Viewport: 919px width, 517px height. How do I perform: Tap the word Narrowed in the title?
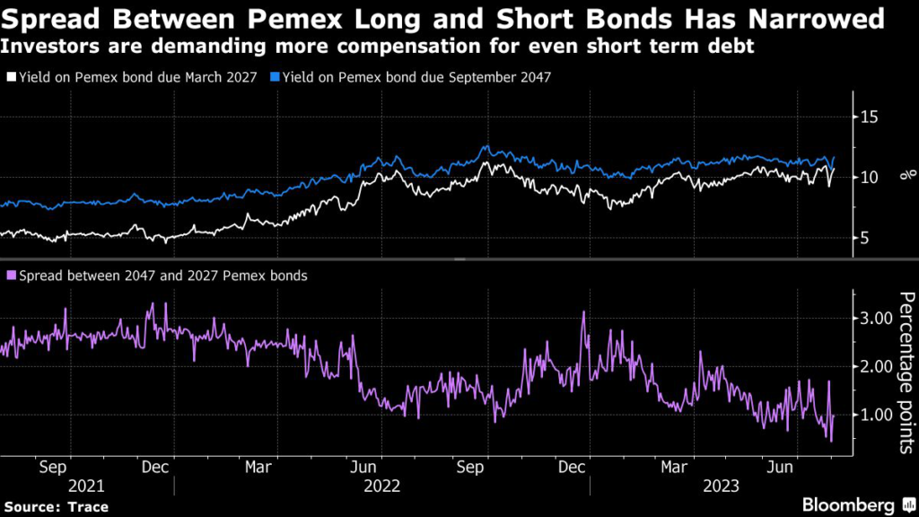805,18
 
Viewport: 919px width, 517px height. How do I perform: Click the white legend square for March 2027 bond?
11,78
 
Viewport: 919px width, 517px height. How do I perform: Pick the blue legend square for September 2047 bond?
275,78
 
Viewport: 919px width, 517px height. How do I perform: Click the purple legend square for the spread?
11,276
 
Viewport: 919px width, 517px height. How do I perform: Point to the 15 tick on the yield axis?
868,118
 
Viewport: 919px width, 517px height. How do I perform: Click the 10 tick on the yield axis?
868,178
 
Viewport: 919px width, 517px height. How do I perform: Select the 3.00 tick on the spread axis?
876,318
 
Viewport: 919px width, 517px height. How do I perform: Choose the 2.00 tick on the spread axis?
876,366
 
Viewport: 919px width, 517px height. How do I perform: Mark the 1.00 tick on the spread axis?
876,415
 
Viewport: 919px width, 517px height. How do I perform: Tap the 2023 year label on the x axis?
721,486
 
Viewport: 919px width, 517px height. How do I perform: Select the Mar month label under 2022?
258,467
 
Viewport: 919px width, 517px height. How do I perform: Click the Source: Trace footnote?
56,507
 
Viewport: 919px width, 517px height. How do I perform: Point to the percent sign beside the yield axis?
904,178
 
